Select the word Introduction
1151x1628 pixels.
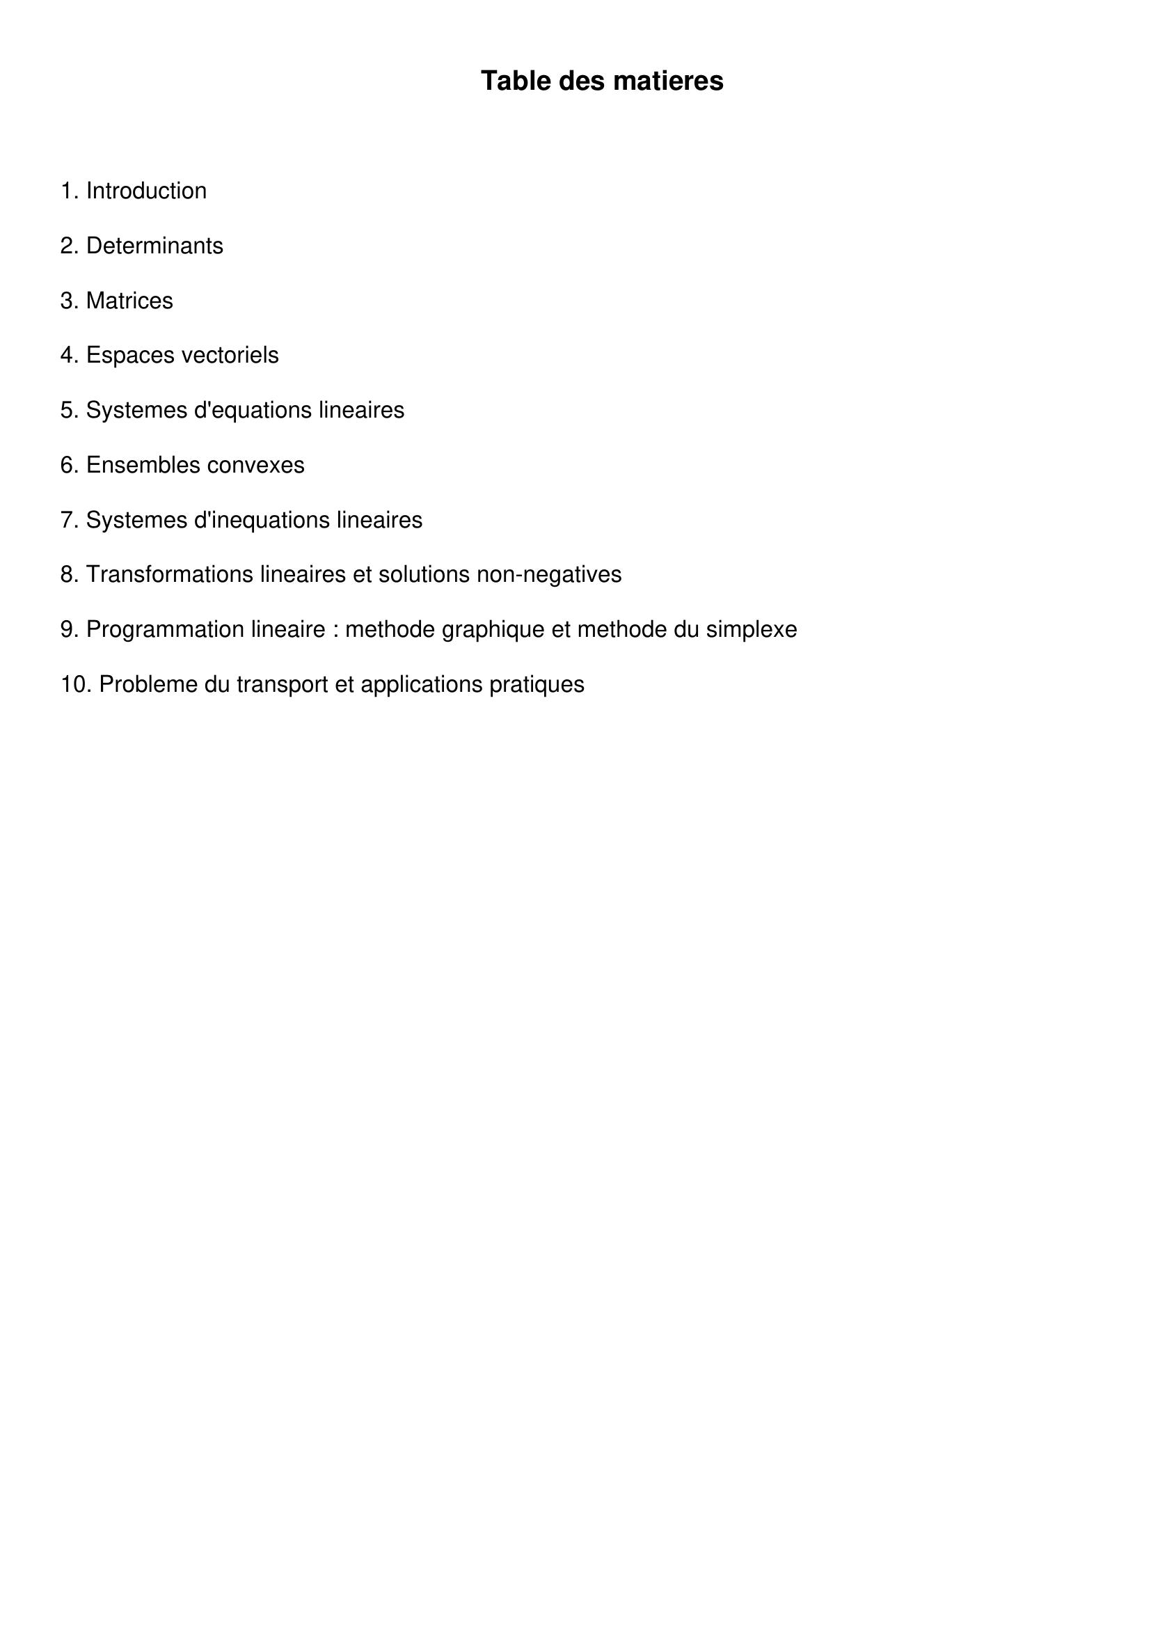[146, 191]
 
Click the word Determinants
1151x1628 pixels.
[154, 246]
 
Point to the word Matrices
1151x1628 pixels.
[129, 301]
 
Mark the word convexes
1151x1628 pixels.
[257, 465]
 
